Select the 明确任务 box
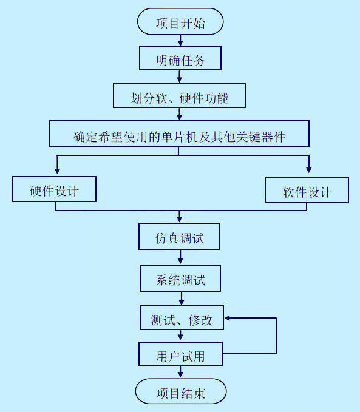pyautogui.click(x=180, y=59)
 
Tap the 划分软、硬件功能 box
pyautogui.click(x=180, y=96)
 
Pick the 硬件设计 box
pyautogui.click(x=55, y=190)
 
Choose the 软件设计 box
pyautogui.click(x=307, y=191)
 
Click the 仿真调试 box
pyautogui.click(x=179, y=237)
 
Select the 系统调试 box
pyautogui.click(x=180, y=279)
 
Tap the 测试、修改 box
pyautogui.click(x=182, y=319)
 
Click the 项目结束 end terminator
pyautogui.click(x=180, y=393)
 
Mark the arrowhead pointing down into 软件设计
pyautogui.click(x=308, y=169)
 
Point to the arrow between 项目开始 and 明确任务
pyautogui.click(x=180, y=40)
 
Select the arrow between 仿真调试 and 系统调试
pyautogui.click(x=180, y=258)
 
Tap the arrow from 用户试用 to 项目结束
pyautogui.click(x=180, y=373)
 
